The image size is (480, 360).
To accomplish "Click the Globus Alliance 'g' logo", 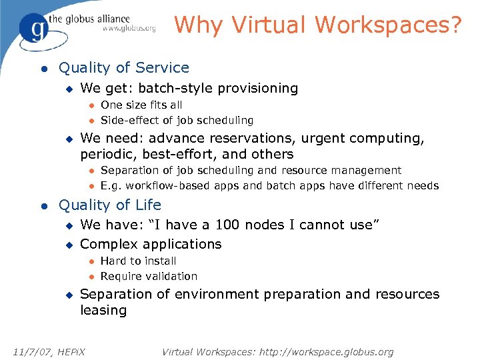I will [x=34, y=27].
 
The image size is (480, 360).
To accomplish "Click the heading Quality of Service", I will [x=124, y=68].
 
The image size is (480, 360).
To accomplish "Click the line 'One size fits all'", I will [x=141, y=105].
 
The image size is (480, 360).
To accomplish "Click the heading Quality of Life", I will [x=110, y=205].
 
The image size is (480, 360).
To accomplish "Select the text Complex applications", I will [x=151, y=244].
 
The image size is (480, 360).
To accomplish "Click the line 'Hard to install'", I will [x=138, y=261].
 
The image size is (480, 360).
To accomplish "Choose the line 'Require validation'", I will [x=149, y=276].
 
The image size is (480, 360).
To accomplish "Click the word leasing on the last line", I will [x=103, y=310].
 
